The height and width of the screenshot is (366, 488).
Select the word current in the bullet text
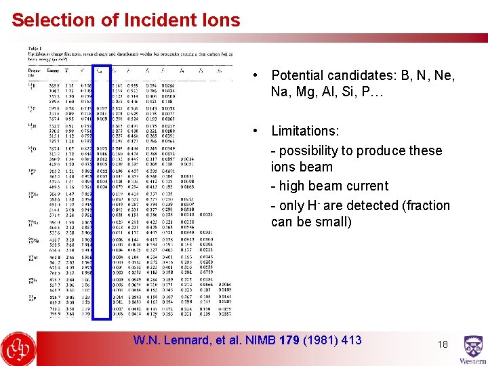[x=367, y=186]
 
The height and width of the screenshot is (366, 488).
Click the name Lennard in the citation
[x=192, y=340]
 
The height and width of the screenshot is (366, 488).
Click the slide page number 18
[x=443, y=344]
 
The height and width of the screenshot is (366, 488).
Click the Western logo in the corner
[x=473, y=350]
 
